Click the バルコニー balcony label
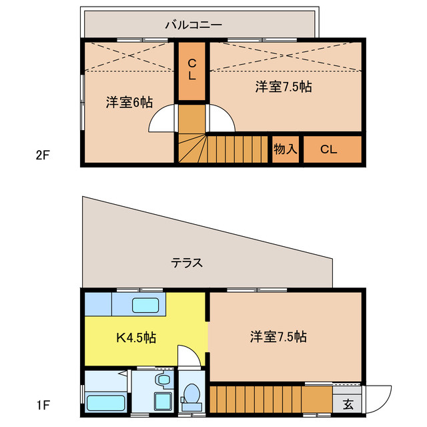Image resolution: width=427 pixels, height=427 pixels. coord(193,25)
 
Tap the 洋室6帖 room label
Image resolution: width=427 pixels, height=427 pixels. coord(129,102)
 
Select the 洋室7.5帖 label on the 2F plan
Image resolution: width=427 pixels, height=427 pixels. coord(284,87)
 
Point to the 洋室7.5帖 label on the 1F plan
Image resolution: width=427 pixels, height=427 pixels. coord(278,336)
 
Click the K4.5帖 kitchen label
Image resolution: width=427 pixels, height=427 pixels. coord(136,338)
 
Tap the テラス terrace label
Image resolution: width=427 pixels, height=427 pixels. coord(187,263)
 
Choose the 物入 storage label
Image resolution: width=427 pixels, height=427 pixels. coord(286,149)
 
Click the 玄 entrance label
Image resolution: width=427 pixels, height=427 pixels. coord(348,404)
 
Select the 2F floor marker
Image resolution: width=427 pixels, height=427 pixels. coord(43,155)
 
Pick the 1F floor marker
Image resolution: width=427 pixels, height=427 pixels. coord(43,405)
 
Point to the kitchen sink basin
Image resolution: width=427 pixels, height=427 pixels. coord(145,305)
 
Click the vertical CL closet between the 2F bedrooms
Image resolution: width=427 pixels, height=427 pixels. coord(191,71)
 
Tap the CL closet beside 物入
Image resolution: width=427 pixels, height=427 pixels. coord(332,149)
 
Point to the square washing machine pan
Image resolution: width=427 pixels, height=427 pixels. coord(163,401)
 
